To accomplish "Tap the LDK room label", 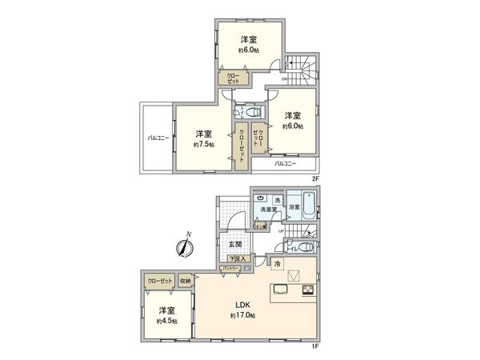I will [243, 305].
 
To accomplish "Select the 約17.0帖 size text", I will [243, 317].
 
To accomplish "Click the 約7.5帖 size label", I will [201, 146].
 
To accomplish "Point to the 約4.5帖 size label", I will [166, 321].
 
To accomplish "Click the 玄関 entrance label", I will [235, 243].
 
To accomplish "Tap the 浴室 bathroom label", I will [295, 206].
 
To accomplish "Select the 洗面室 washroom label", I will [267, 210].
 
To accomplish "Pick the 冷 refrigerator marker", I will [277, 263].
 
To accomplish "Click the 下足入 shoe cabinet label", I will [239, 258].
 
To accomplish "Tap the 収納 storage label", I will [185, 281].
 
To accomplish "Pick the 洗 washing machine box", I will [278, 198].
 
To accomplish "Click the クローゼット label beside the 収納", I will [159, 281].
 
